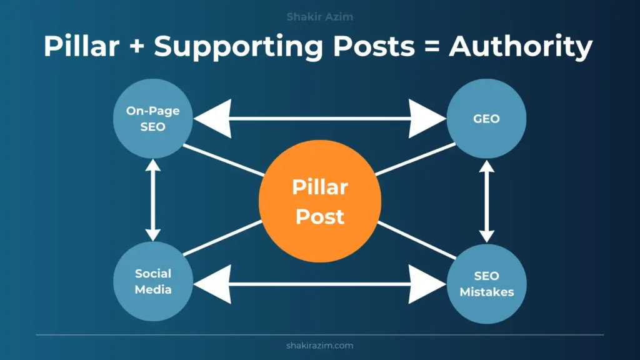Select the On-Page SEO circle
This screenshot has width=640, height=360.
coord(153,118)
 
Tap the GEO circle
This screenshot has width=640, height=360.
coord(486,118)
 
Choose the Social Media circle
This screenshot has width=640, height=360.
coord(153,281)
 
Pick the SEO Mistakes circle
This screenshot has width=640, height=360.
coord(486,284)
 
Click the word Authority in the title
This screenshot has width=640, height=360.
coord(521,47)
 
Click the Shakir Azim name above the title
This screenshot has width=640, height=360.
coord(319,17)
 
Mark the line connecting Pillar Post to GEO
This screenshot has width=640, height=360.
coord(416,159)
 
